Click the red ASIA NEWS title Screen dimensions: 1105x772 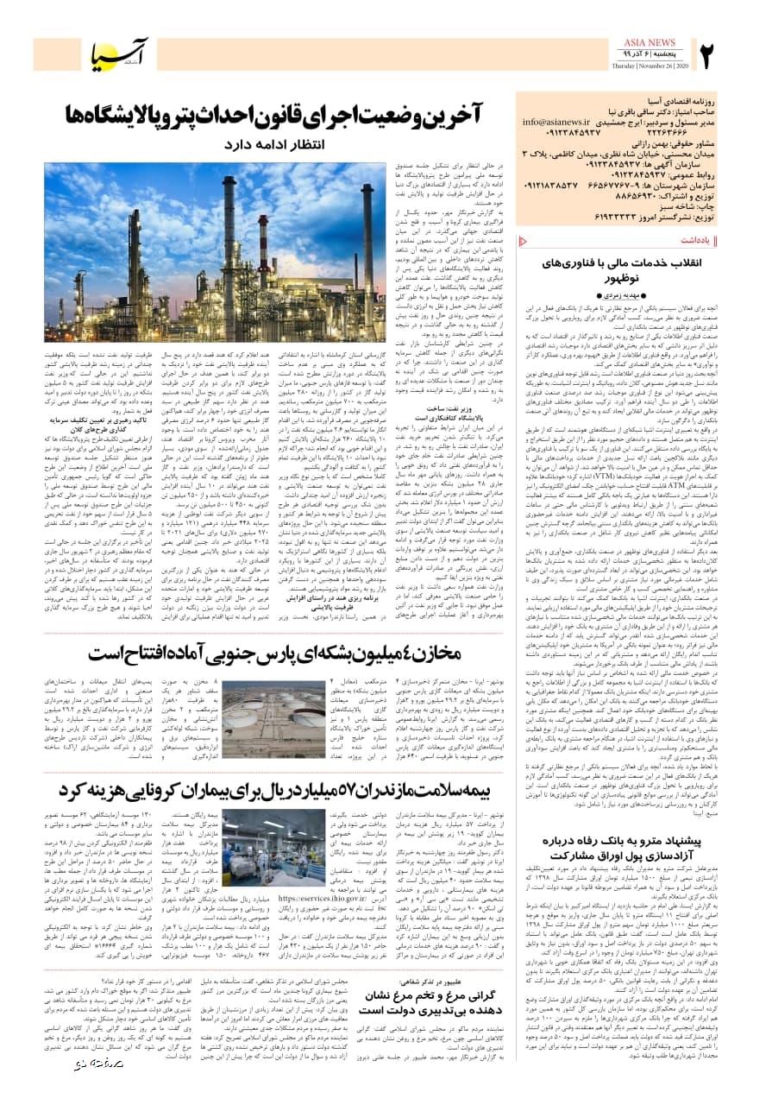coord(652,42)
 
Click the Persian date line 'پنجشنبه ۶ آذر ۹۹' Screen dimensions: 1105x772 coord(660,55)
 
